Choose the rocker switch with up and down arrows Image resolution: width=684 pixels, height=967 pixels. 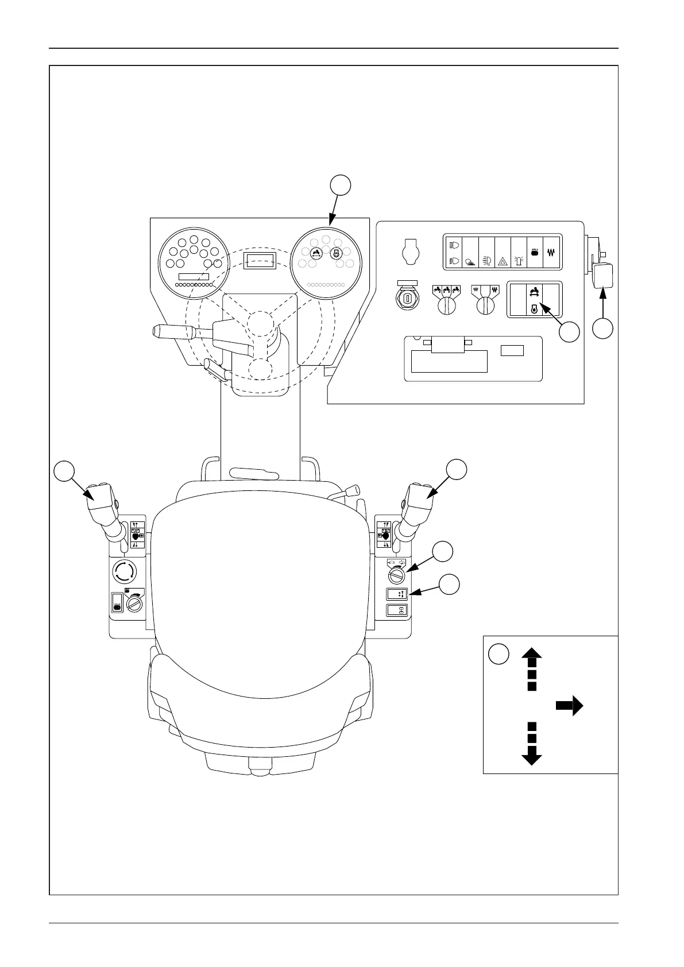pos(396,594)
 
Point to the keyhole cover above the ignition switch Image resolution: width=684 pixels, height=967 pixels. pos(409,252)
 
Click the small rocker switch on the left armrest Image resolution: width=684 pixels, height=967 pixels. pos(117,602)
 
